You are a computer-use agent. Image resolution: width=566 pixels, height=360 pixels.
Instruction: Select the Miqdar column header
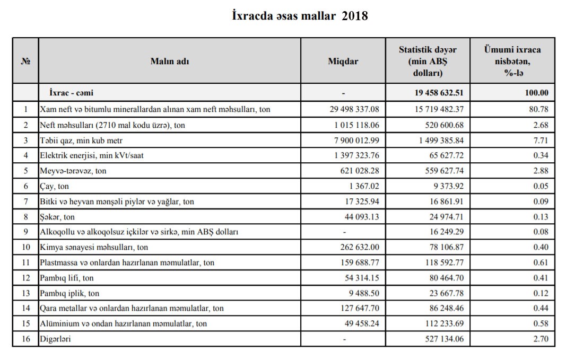[x=343, y=61]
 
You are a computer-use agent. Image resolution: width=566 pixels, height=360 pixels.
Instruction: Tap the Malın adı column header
[x=170, y=61]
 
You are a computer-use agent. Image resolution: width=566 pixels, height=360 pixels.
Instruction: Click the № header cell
[x=25, y=61]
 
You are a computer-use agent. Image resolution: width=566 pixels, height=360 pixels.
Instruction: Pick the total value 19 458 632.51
[x=439, y=93]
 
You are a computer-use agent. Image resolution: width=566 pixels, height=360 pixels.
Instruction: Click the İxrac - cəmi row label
[x=71, y=93]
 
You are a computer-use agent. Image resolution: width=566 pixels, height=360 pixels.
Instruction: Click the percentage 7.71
[x=540, y=141]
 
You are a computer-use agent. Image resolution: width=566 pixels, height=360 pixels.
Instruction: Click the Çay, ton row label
[x=54, y=186]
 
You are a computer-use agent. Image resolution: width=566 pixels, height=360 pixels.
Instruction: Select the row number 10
[x=26, y=247]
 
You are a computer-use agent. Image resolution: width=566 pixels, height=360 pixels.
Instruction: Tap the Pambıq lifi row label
[x=67, y=278]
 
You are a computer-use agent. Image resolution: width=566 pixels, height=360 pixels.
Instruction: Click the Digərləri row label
[x=55, y=339]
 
